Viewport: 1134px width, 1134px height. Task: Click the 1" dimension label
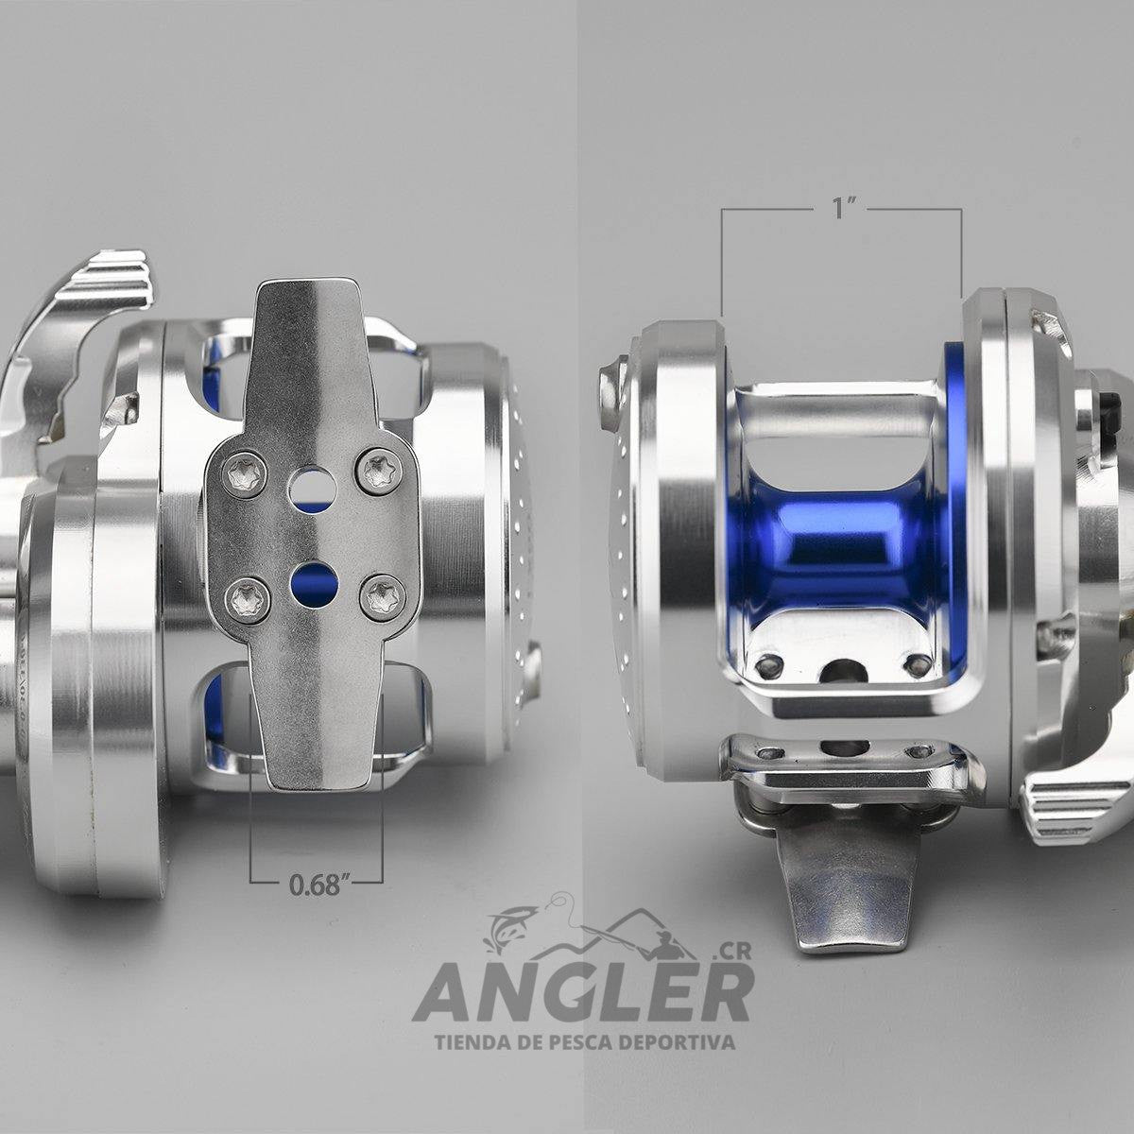(x=843, y=208)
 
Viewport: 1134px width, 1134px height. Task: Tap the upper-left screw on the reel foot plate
(x=244, y=473)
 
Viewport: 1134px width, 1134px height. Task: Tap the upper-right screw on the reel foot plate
(x=381, y=471)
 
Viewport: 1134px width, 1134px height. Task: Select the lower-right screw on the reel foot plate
(x=383, y=597)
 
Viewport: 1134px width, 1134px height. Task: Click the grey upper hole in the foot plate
(x=312, y=490)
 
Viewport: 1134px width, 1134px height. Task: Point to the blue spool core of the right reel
(x=843, y=540)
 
